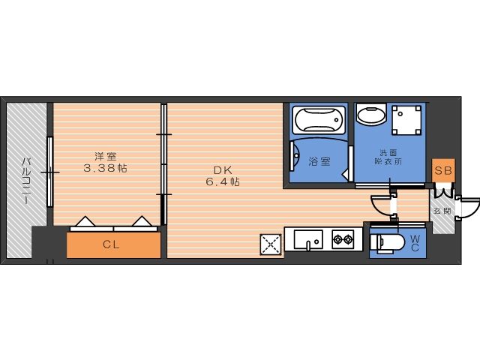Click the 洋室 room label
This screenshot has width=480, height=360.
(105, 157)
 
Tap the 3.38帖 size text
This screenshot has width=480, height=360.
(105, 168)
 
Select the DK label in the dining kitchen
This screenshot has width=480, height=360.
(223, 170)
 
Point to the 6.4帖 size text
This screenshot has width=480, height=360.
(223, 181)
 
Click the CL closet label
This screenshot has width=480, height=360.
(111, 244)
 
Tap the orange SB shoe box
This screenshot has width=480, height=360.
(443, 170)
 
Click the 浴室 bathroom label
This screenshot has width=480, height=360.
(319, 161)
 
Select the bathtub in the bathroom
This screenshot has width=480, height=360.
(319, 120)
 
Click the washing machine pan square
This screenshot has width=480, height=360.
(406, 120)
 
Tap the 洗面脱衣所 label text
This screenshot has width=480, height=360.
(388, 157)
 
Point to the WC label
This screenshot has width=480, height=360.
(415, 243)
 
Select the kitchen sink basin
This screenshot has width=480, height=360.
(308, 239)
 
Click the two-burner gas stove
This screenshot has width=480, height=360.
(343, 239)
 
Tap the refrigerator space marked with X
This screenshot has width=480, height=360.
(271, 244)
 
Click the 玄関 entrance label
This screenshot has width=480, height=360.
(442, 211)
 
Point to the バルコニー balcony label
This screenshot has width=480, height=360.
(26, 181)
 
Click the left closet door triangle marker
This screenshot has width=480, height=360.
(85, 222)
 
